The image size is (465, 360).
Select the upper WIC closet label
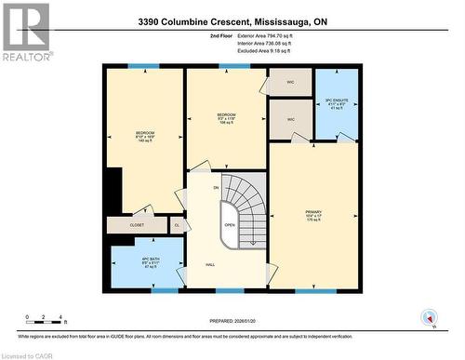290,82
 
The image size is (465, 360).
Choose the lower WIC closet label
290,119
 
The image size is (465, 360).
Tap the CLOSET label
137,225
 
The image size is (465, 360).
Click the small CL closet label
177,225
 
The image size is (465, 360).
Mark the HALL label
211,266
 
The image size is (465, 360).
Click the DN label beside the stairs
216,188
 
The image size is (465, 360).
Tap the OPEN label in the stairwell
230,224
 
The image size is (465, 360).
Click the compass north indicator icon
428,316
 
